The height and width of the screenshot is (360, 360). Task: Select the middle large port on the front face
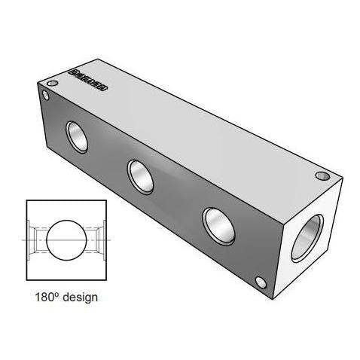tap(141, 175)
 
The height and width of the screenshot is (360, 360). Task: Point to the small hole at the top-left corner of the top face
tap(52, 82)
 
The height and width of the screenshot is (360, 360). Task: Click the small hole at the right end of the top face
tap(322, 176)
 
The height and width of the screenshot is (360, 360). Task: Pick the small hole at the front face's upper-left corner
tap(46, 96)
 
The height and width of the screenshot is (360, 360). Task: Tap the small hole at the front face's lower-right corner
tap(263, 283)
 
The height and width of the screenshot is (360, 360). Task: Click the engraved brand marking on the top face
tap(90, 79)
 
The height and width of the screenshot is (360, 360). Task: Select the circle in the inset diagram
tap(68, 238)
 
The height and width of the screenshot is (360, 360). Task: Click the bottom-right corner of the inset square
tap(110, 280)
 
